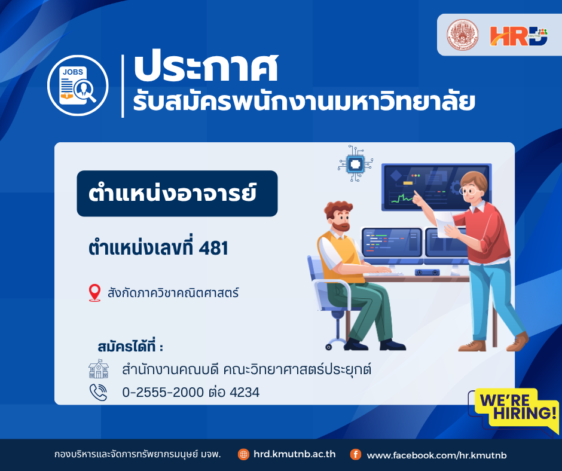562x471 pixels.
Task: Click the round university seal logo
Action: pyautogui.click(x=462, y=35)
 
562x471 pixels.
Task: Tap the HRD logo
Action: pyautogui.click(x=518, y=36)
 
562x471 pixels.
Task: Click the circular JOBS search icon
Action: pyautogui.click(x=78, y=85)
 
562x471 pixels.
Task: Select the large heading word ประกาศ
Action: pyautogui.click(x=206, y=68)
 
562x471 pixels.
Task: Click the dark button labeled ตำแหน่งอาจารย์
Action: pyautogui.click(x=177, y=194)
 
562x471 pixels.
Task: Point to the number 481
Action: pyautogui.click(x=213, y=248)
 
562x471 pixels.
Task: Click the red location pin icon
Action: pyautogui.click(x=94, y=293)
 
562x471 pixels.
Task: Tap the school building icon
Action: pyautogui.click(x=99, y=369)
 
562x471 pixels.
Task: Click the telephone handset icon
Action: pyautogui.click(x=98, y=392)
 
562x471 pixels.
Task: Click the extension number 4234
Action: pyautogui.click(x=245, y=392)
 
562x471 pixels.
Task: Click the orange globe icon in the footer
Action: pyautogui.click(x=243, y=454)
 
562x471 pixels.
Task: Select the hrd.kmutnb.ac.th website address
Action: pyautogui.click(x=295, y=454)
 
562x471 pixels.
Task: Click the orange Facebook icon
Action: pyautogui.click(x=356, y=454)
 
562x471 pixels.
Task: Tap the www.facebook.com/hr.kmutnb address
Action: pyautogui.click(x=437, y=455)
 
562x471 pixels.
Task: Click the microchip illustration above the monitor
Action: pyautogui.click(x=355, y=164)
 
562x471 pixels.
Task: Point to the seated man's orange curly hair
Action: pyautogui.click(x=338, y=209)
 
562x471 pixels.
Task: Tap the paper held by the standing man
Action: pyautogui.click(x=445, y=223)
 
